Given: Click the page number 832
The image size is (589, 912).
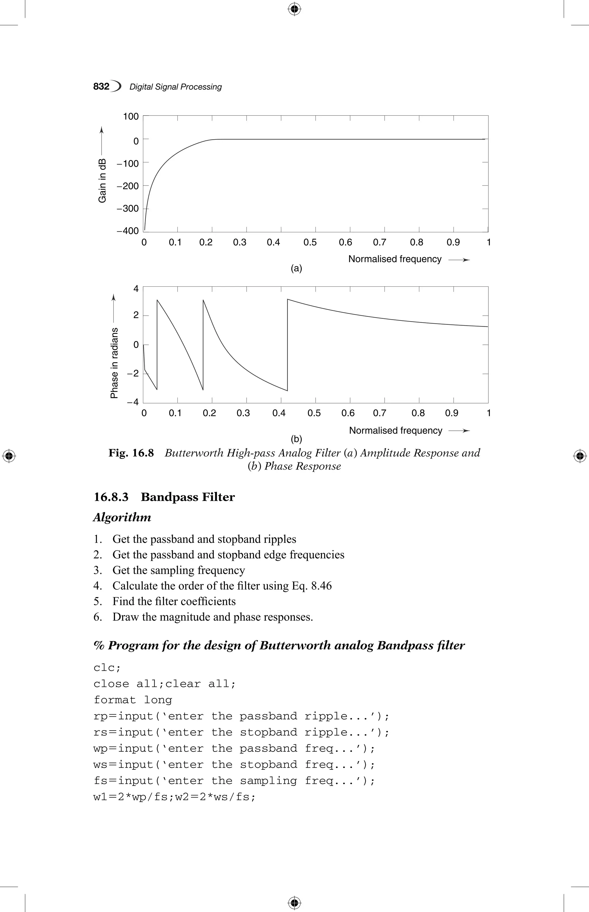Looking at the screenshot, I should click(101, 87).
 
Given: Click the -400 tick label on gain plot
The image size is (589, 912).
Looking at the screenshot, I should click(128, 231).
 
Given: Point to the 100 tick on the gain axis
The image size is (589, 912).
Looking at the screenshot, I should click(131, 116).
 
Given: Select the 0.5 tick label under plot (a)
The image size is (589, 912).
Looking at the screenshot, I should click(310, 242).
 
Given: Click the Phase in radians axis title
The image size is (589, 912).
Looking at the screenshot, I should click(114, 363).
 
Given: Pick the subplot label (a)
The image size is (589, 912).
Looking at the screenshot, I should click(297, 269).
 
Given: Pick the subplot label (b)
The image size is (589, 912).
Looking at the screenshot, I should click(297, 439).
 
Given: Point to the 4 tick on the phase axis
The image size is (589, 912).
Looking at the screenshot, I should click(136, 289).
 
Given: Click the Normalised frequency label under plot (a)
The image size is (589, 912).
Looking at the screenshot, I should click(395, 259).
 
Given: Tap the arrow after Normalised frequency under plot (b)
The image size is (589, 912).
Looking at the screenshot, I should click(459, 431).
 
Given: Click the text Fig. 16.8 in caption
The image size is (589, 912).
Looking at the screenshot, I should click(131, 453).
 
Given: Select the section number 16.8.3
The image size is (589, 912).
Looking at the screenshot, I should click(111, 497).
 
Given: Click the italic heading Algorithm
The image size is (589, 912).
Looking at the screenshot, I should click(122, 518).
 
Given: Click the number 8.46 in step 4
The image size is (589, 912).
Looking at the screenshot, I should click(321, 586).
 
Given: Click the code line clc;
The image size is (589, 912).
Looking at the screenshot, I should click(107, 668).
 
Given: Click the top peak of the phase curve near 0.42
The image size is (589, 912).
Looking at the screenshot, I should click(288, 299).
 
